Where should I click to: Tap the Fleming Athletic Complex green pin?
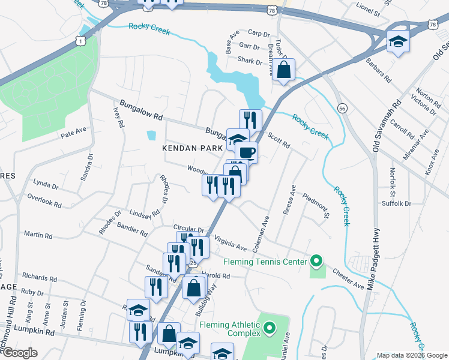(270, 328)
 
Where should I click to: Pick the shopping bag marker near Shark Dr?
(283, 70)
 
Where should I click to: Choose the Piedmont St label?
(317, 206)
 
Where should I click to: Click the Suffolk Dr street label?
(396, 203)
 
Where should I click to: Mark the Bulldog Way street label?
(207, 299)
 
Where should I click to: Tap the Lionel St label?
(369, 10)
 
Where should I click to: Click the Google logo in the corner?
(20, 353)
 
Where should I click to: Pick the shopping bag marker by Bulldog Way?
(193, 288)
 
